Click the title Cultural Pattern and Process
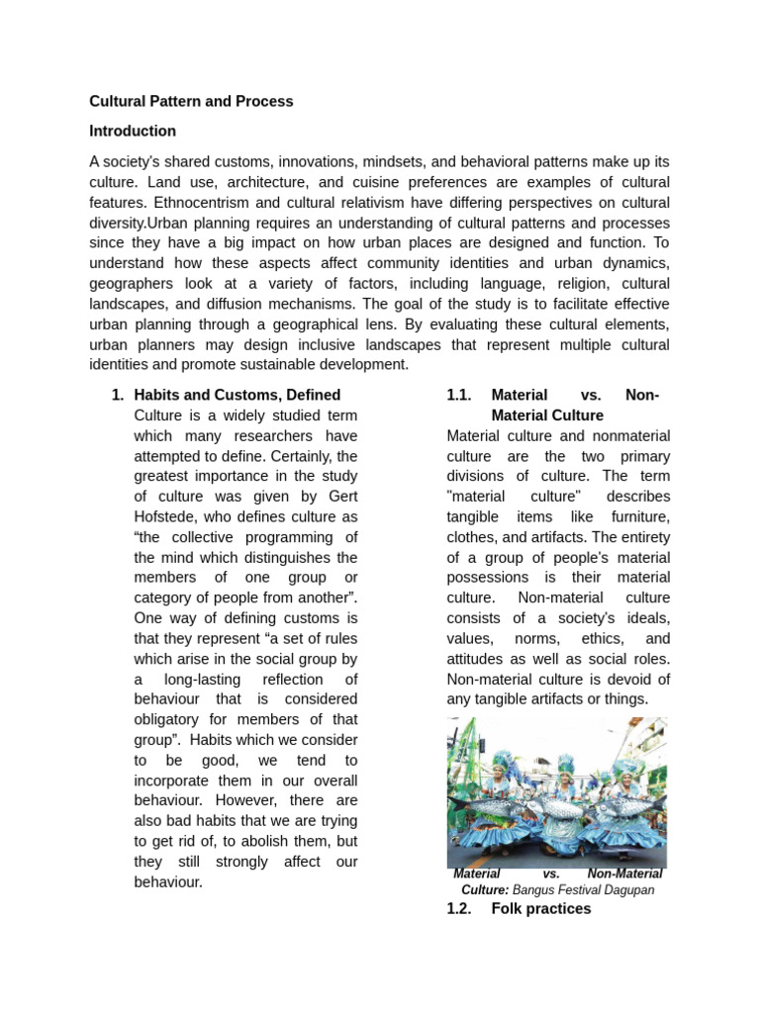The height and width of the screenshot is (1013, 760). [191, 101]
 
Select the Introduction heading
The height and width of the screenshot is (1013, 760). [133, 131]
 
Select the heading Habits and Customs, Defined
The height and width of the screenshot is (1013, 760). [237, 395]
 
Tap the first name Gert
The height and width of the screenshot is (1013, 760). [339, 496]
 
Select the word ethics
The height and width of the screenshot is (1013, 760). [592, 638]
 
